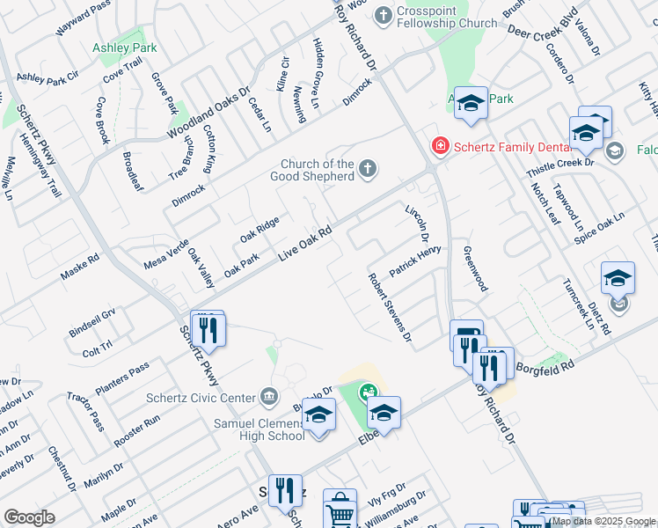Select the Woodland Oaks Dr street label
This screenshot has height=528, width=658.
[209, 113]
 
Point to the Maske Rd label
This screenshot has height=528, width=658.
[80, 269]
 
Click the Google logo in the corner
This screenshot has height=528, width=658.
[29, 517]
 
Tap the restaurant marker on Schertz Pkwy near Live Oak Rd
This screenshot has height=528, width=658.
[208, 330]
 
